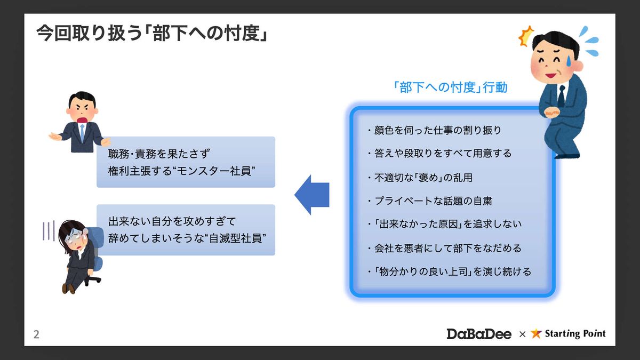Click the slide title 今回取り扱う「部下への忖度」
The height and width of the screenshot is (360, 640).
tap(153, 34)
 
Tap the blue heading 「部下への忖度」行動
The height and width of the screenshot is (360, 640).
tap(450, 87)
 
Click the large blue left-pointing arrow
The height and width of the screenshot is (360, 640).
tap(311, 195)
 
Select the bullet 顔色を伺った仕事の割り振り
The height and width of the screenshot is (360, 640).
tap(434, 130)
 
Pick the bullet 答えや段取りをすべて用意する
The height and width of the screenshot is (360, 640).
tap(439, 154)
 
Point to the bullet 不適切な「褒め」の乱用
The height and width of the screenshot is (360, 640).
tap(420, 178)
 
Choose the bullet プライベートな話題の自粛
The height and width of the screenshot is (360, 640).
tap(430, 201)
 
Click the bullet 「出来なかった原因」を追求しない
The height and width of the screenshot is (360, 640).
tap(445, 224)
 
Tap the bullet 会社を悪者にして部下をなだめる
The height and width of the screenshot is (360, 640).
tap(445, 248)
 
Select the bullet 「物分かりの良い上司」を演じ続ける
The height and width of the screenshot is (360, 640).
tap(450, 271)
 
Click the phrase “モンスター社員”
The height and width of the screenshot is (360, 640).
tap(214, 171)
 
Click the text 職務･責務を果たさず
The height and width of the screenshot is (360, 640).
tap(159, 154)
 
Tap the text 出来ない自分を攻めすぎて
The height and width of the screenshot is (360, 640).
tap(172, 221)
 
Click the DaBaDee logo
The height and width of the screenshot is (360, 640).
tap(479, 334)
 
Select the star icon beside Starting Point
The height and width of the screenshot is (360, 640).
tap(536, 333)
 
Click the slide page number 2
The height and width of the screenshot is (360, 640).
tap(36, 334)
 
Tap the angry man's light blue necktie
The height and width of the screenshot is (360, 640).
tap(82, 132)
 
